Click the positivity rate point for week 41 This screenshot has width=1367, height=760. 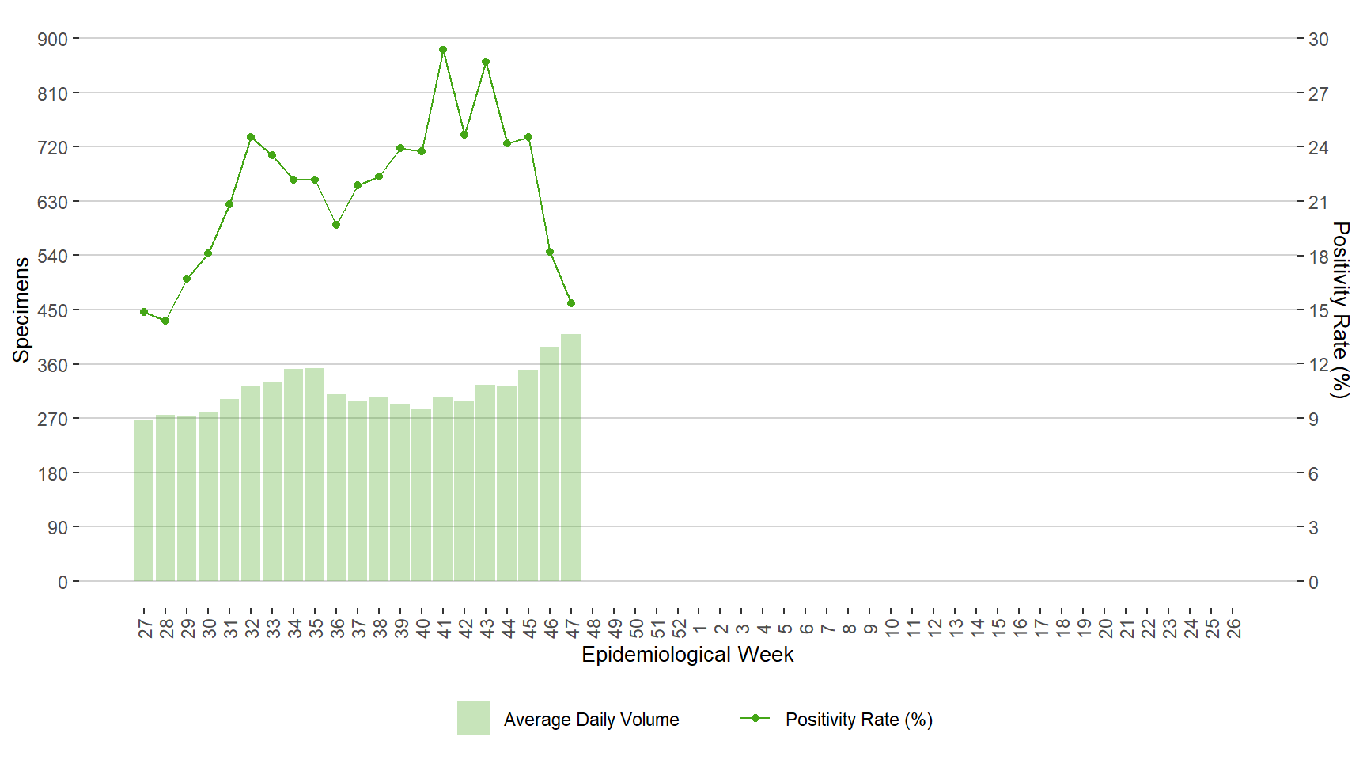point(443,50)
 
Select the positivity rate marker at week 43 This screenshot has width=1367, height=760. point(486,62)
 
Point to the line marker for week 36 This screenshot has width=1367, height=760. point(336,225)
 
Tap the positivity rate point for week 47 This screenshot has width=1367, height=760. point(571,303)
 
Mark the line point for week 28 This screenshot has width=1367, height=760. point(165,321)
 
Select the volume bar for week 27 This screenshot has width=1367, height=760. point(144,500)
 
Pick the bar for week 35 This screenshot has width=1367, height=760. point(315,475)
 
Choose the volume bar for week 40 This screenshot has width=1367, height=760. point(422,495)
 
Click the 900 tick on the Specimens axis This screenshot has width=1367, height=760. point(53,39)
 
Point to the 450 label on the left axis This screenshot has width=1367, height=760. point(53,310)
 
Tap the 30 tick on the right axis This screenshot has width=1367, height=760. point(1318,39)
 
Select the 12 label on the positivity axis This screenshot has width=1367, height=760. point(1318,365)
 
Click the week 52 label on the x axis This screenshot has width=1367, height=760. point(679,629)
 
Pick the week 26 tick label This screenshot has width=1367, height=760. point(1233,629)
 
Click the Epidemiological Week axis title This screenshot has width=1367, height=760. point(687,655)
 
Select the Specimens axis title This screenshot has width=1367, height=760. point(21,310)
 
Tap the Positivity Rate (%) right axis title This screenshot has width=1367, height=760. point(1340,310)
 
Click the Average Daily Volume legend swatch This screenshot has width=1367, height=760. point(473,718)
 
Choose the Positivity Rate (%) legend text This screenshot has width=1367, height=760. point(858,720)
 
